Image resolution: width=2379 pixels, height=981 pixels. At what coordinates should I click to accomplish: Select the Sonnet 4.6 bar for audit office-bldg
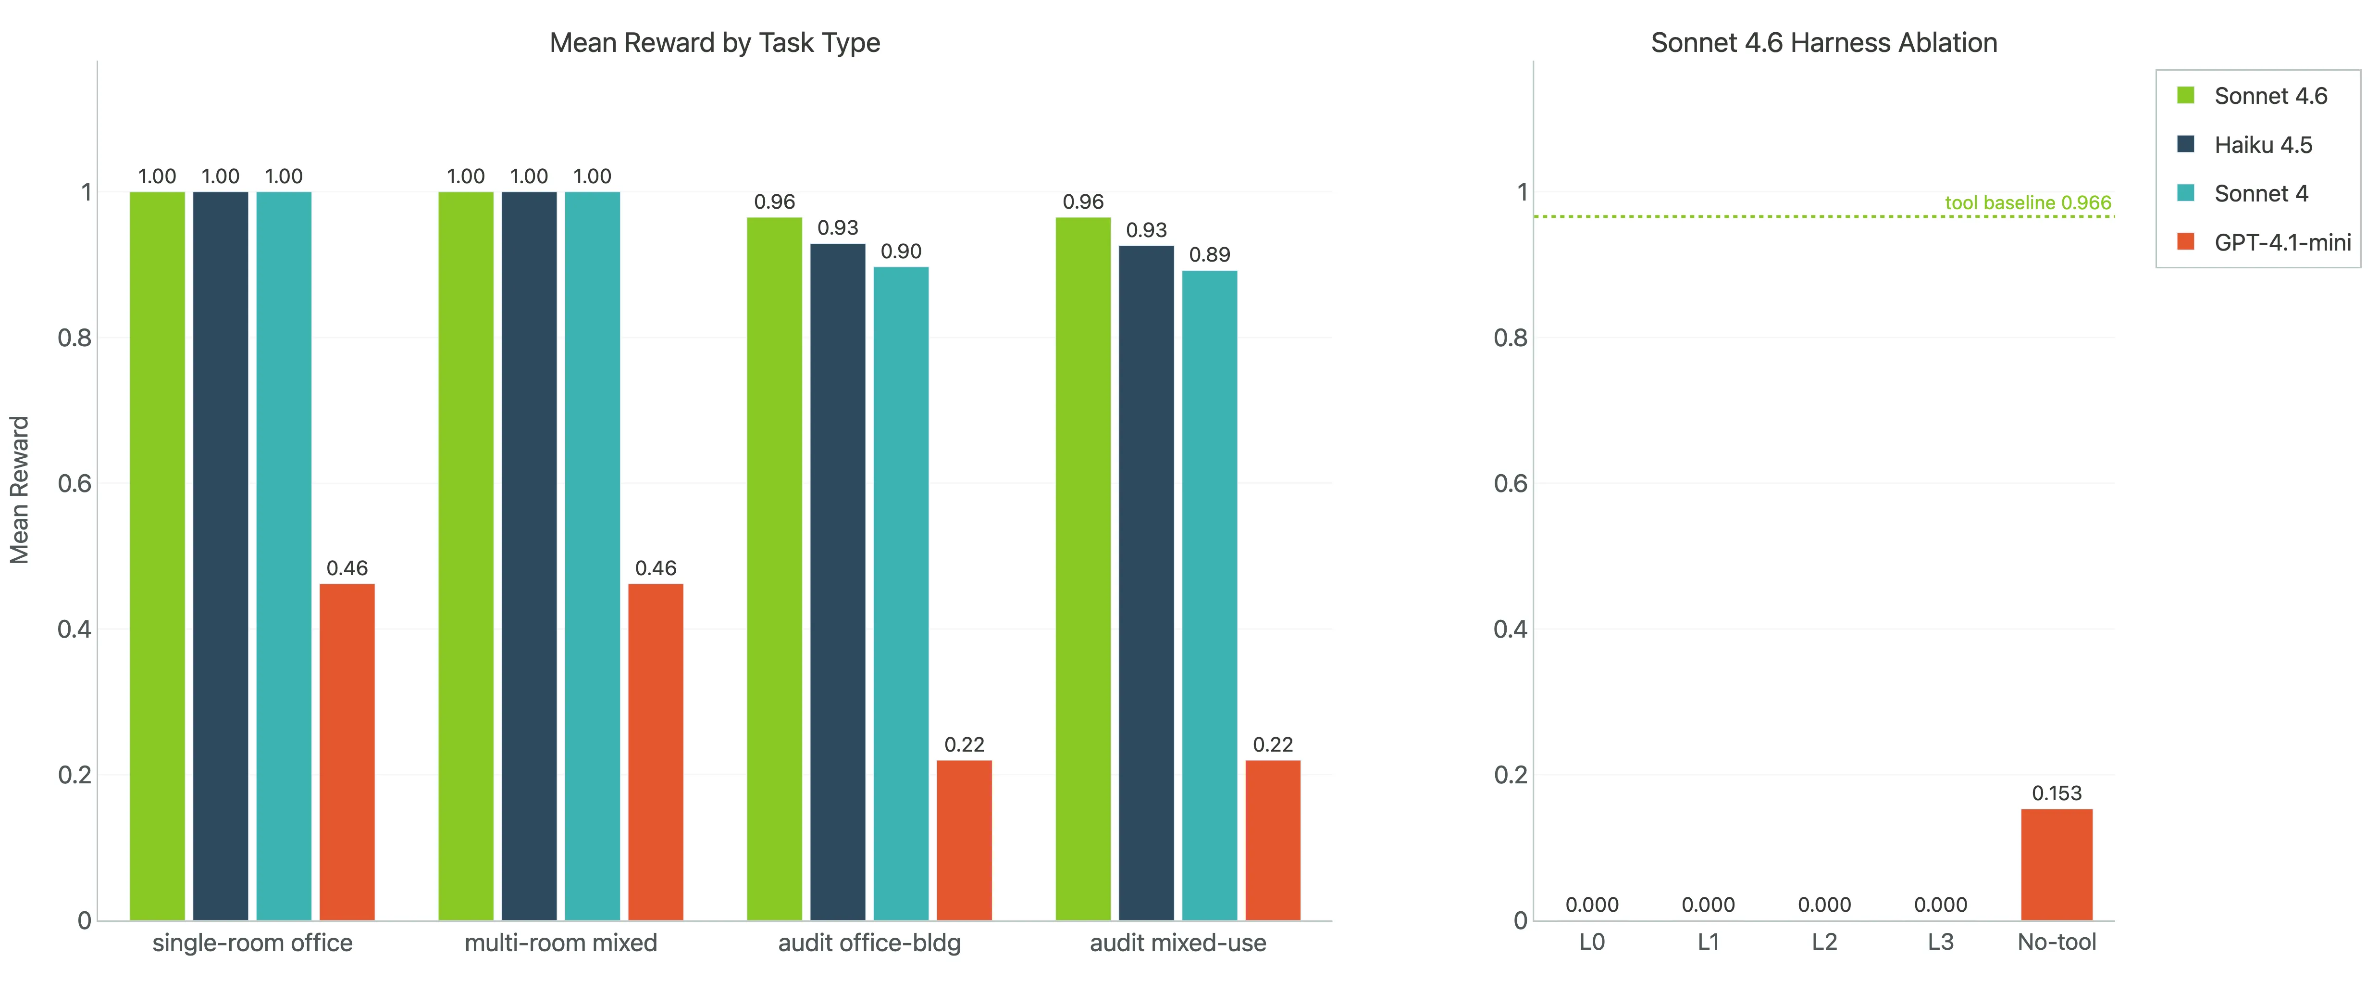pyautogui.click(x=774, y=568)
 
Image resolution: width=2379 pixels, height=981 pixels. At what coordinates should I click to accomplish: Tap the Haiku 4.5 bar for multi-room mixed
pyautogui.click(x=529, y=555)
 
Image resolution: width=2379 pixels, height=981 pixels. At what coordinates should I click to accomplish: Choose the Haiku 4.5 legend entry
pyautogui.click(x=2263, y=145)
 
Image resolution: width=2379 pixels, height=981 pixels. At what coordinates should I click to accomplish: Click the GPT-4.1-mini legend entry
pyautogui.click(x=2282, y=243)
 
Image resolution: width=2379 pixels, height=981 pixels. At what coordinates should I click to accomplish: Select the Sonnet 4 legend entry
pyautogui.click(x=2261, y=194)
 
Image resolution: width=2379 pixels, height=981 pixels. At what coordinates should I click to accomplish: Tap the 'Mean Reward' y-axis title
pyautogui.click(x=19, y=490)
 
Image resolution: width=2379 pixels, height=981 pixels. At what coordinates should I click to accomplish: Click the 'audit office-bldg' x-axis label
pyautogui.click(x=869, y=943)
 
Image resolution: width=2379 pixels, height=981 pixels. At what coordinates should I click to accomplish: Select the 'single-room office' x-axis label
pyautogui.click(x=252, y=943)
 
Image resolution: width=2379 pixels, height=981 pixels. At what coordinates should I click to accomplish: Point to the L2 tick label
pyautogui.click(x=1824, y=942)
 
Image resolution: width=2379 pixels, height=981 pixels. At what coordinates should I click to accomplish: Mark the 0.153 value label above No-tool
pyautogui.click(x=2057, y=793)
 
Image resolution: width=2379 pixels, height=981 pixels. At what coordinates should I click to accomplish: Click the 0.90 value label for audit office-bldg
pyautogui.click(x=901, y=251)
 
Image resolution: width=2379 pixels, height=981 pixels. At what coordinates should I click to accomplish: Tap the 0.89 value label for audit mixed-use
pyautogui.click(x=1209, y=255)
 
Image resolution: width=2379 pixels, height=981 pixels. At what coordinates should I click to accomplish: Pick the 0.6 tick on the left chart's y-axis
pyautogui.click(x=75, y=484)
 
